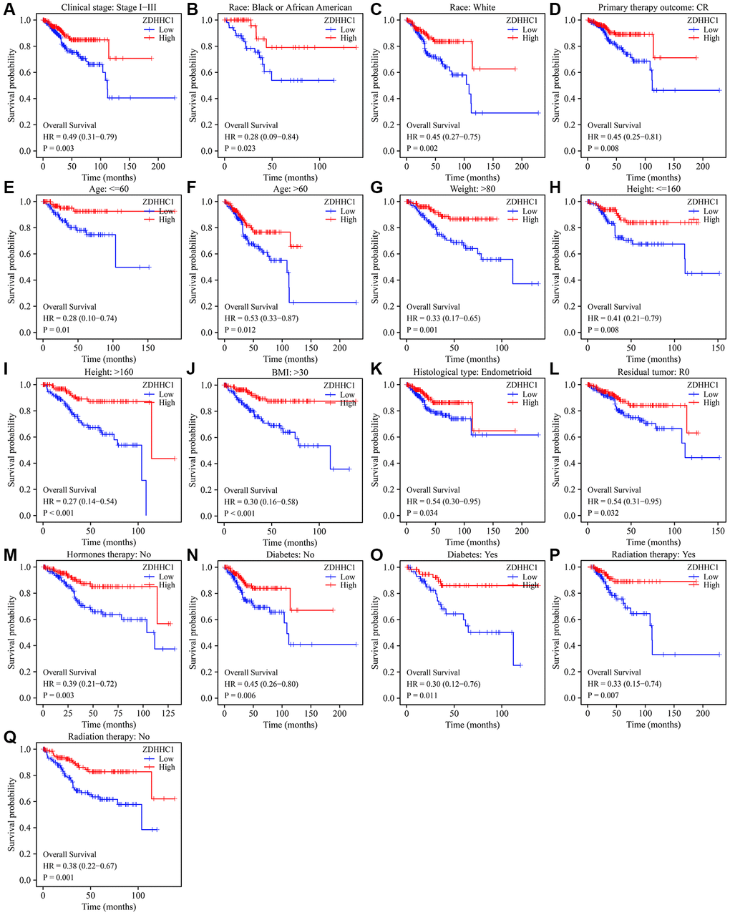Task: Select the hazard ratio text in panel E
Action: [x=79, y=318]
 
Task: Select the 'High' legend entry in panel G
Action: [x=530, y=220]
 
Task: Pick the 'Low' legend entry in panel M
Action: [x=166, y=577]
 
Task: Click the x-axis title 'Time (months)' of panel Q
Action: [x=108, y=907]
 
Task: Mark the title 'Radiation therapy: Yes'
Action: [x=653, y=554]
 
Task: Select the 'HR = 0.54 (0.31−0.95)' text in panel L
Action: [x=624, y=501]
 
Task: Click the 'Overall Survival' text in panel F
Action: [x=251, y=307]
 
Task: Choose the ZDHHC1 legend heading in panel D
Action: [x=703, y=21]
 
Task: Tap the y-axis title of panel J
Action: [x=194, y=449]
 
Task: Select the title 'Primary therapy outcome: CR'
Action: [x=653, y=8]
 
